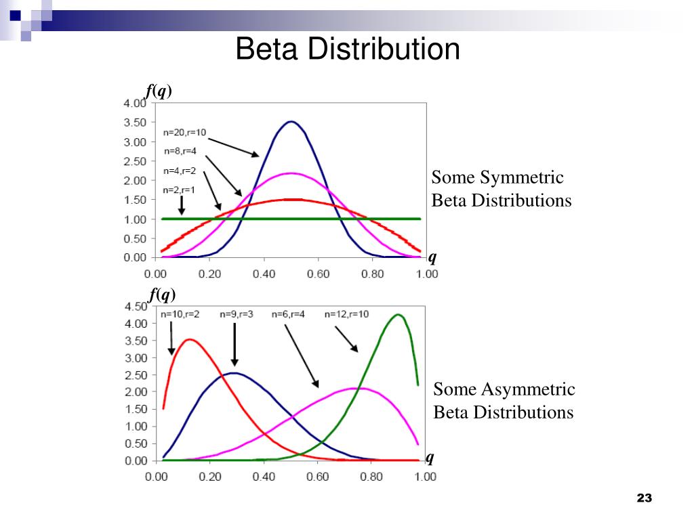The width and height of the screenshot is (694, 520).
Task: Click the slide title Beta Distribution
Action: (348, 50)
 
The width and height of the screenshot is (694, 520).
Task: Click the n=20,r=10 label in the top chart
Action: (185, 133)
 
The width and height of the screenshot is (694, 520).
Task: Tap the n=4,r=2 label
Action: (180, 170)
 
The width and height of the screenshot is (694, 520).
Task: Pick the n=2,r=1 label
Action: (180, 190)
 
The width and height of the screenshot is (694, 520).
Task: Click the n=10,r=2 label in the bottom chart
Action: (180, 314)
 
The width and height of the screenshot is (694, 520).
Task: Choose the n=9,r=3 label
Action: (237, 314)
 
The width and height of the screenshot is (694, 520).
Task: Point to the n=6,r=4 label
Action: (289, 314)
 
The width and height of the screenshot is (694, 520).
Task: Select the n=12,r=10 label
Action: (346, 314)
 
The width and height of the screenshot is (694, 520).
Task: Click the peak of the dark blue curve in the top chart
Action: (291, 122)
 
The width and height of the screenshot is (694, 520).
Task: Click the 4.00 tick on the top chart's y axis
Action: (134, 104)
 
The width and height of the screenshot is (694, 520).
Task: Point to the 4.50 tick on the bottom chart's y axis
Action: (134, 306)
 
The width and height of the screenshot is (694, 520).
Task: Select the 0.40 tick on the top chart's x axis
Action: (264, 274)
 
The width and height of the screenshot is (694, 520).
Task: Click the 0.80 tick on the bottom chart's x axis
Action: (371, 477)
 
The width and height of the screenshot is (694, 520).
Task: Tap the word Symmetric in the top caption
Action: (522, 178)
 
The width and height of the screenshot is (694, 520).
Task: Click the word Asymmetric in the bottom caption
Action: (529, 389)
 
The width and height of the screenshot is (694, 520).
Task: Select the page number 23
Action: (644, 499)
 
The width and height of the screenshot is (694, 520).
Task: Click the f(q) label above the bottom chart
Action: (161, 295)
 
